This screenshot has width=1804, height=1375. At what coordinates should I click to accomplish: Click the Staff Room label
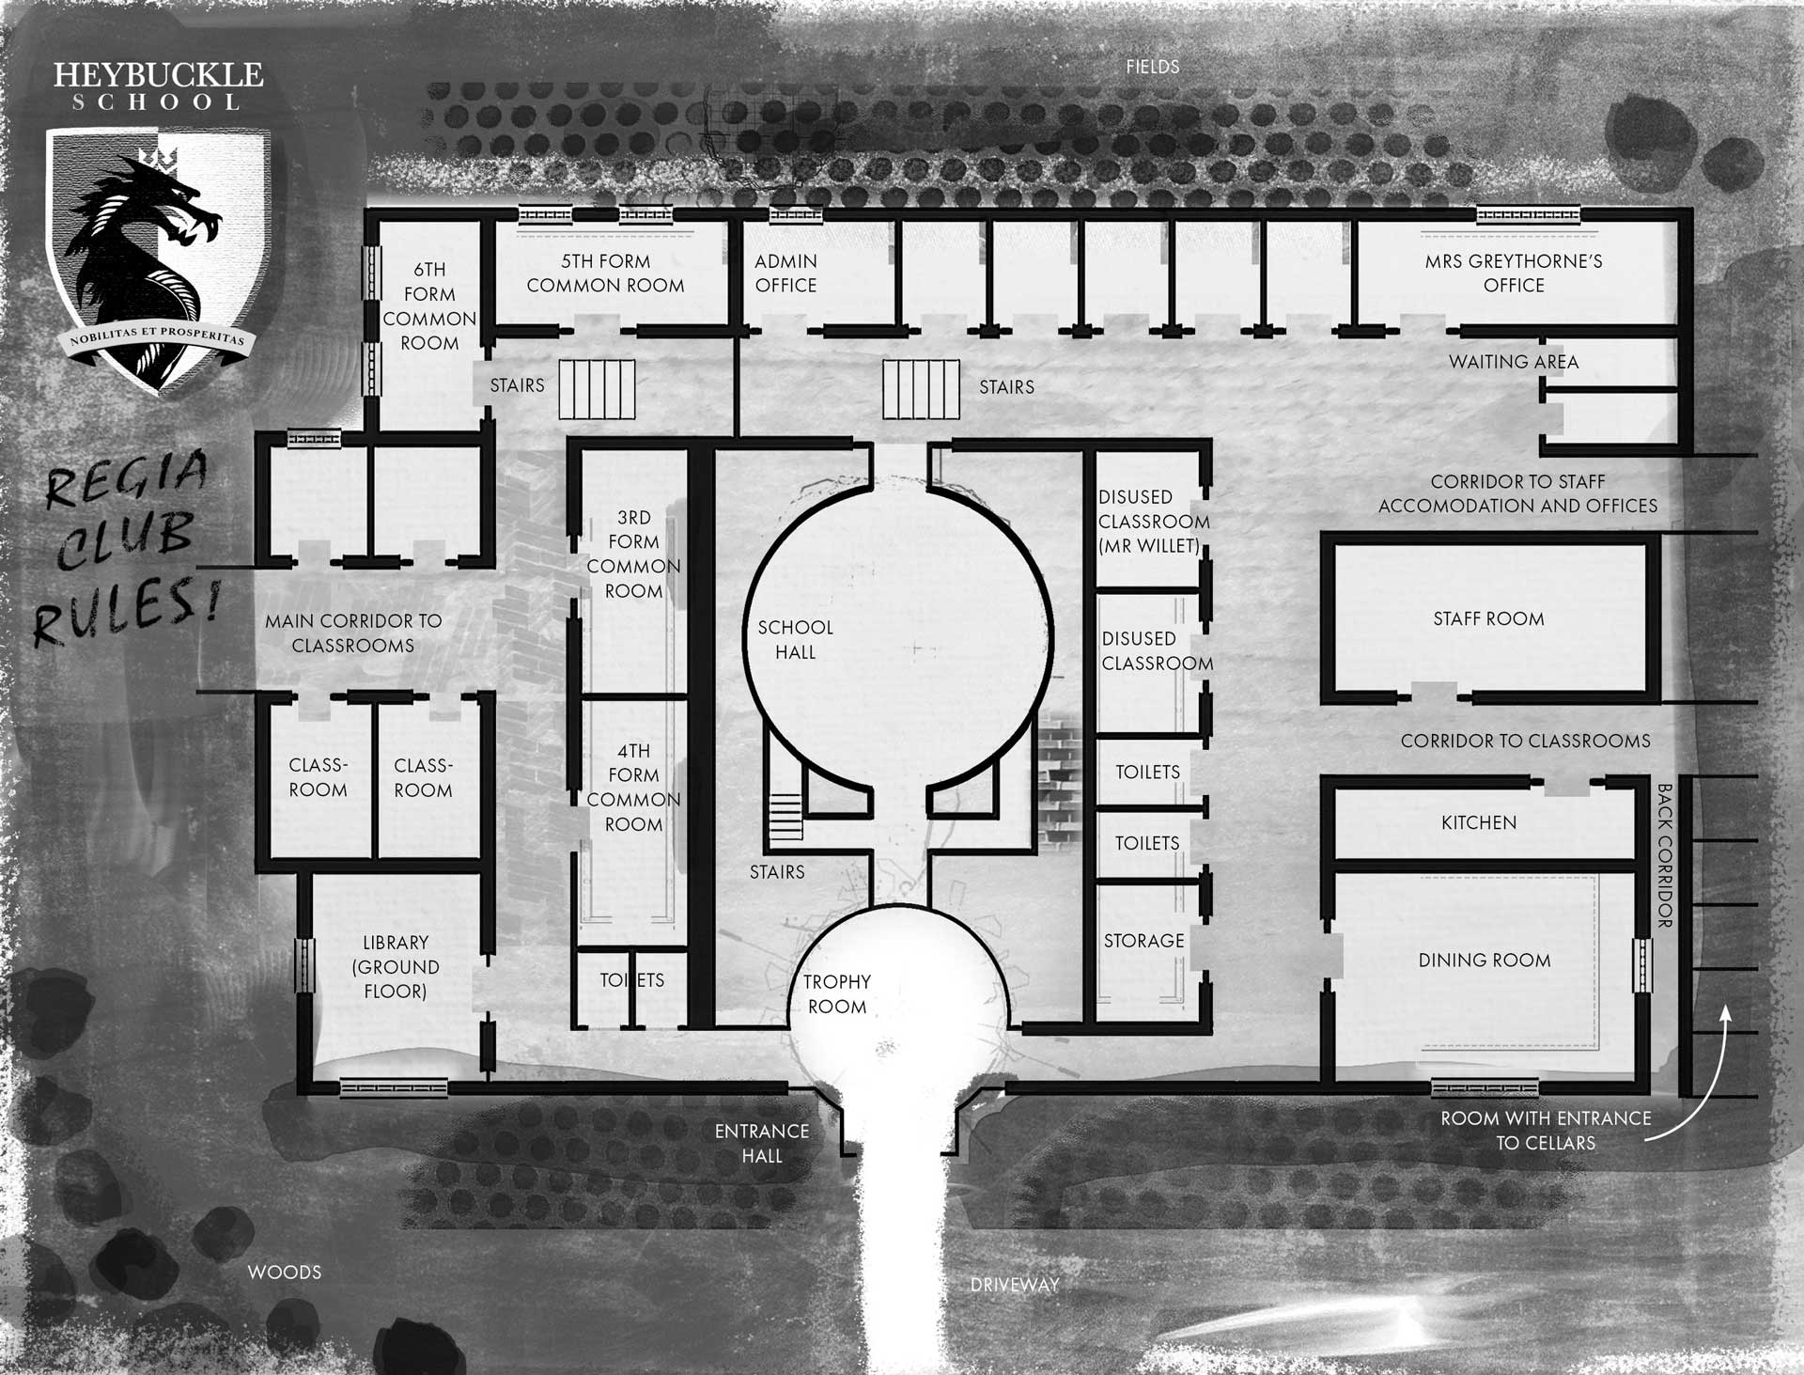click(x=1488, y=618)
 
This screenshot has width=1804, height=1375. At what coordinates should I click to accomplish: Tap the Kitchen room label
click(x=1479, y=822)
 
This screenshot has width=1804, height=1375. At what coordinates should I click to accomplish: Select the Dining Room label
click(x=1485, y=960)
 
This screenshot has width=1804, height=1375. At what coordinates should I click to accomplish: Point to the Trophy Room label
click(x=837, y=993)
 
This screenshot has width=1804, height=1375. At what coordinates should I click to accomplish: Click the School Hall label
click(x=796, y=639)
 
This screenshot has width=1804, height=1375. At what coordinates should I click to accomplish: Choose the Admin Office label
click(x=786, y=273)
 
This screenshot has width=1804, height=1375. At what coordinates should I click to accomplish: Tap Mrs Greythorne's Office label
click(x=1514, y=273)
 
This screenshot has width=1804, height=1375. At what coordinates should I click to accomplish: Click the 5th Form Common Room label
click(x=605, y=273)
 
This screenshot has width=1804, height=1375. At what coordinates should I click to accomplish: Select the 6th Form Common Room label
click(x=429, y=306)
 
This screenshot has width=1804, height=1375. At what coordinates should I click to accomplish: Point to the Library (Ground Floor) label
click(x=396, y=966)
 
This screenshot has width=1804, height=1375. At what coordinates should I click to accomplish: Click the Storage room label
click(x=1143, y=940)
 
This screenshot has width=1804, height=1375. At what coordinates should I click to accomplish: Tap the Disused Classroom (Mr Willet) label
click(x=1154, y=521)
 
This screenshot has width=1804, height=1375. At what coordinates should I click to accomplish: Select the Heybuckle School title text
click(x=158, y=86)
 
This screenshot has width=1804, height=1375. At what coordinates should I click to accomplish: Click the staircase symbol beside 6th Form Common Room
click(x=597, y=389)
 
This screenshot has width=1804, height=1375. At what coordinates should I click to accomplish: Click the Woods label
click(x=285, y=1272)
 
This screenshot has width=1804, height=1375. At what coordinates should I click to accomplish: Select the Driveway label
click(x=1015, y=1284)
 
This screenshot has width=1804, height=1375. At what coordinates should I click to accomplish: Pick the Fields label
click(x=1153, y=67)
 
